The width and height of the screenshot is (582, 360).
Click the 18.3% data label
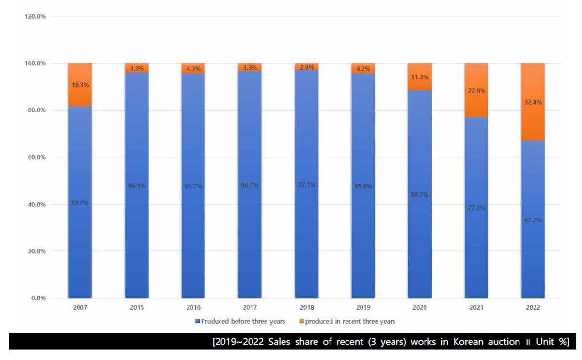[x=80, y=85]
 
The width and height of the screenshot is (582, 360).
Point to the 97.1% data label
[x=306, y=185]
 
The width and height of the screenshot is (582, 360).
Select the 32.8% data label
[x=533, y=102]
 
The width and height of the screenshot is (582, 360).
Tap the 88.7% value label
[x=419, y=194]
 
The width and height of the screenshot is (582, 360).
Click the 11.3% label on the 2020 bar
[x=419, y=78]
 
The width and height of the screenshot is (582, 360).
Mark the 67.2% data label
[x=533, y=219]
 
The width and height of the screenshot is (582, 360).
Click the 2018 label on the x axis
[x=306, y=308]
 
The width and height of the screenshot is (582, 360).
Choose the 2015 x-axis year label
[x=137, y=308]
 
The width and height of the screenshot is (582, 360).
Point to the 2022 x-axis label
[x=533, y=308]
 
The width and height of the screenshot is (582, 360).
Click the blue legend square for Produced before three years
[x=198, y=321]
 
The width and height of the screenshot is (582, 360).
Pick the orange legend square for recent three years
[x=301, y=321]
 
